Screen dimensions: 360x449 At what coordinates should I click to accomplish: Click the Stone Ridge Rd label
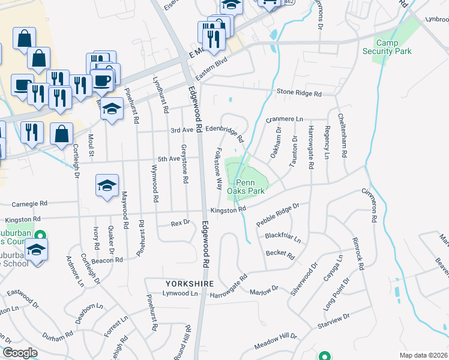[299, 94]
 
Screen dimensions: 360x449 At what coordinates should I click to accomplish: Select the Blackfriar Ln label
[282, 237]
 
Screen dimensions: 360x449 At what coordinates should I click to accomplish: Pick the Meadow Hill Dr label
[276, 340]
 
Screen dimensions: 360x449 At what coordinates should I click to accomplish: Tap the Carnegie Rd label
[24, 204]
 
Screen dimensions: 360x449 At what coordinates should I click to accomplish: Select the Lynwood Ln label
[180, 293]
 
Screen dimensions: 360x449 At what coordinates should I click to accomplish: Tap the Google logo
[20, 353]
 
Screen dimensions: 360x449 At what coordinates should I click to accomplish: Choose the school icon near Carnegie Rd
[106, 187]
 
